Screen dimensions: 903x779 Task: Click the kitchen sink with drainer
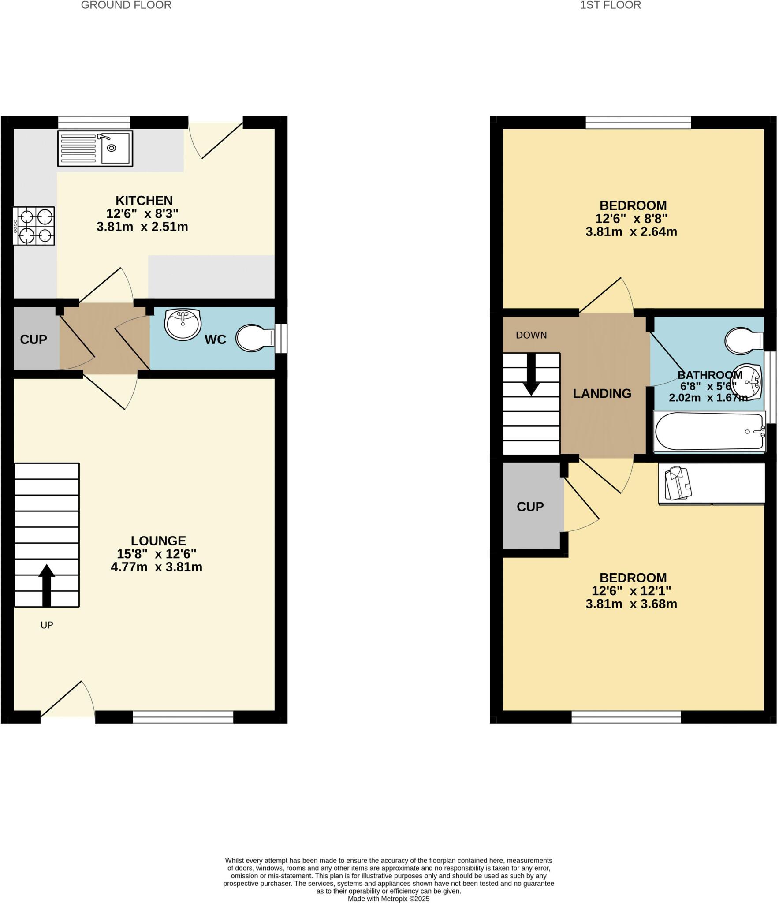95,148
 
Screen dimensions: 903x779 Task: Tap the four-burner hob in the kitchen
34,226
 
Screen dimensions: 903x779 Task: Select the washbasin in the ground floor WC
183,324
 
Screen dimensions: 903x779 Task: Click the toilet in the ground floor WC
255,338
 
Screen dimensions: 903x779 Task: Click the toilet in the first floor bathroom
743,340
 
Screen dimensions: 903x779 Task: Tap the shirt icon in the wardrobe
678,483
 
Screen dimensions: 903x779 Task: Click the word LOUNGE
158,541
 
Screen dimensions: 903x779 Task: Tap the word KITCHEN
144,201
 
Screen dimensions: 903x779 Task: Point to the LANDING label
602,393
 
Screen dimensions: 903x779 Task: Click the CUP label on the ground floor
34,340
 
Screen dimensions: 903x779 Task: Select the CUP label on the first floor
530,507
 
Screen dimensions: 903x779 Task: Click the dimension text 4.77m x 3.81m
157,567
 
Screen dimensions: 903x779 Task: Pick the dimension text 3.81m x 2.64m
631,232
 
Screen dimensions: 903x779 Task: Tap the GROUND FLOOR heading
126,5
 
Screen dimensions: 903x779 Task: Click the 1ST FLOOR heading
610,5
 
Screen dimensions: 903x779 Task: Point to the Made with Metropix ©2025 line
388,899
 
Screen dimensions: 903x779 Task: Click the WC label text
215,340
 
